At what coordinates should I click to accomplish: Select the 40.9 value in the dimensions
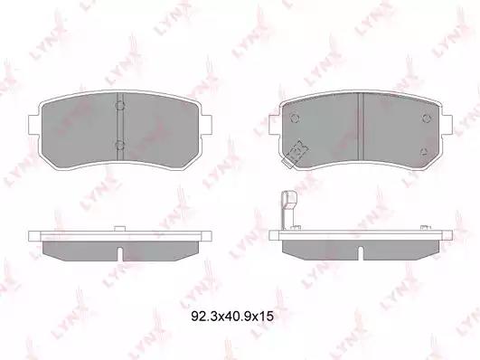pos(234,317)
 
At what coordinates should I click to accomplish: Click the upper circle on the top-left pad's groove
pos(119,106)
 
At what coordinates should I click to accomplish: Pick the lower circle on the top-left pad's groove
pos(119,145)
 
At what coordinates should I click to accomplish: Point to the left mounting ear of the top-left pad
pos(33,125)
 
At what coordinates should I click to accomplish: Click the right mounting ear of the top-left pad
pos(206,125)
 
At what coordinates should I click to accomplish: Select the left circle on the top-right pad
pos(295,118)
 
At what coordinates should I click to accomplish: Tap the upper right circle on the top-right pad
pos(427,118)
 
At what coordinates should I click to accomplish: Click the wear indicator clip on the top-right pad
pos(296,154)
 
